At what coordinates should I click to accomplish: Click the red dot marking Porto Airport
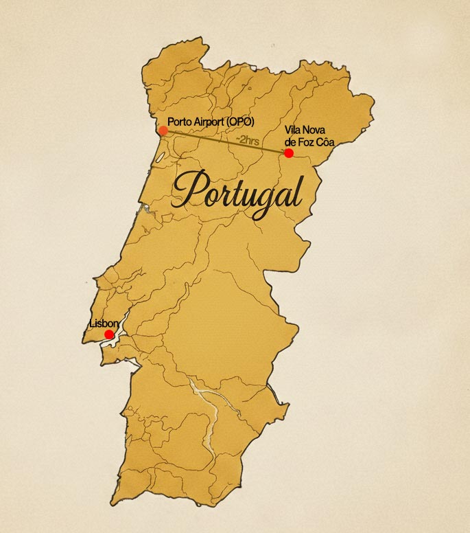click(x=163, y=130)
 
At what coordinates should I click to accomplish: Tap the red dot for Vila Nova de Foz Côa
click(x=289, y=152)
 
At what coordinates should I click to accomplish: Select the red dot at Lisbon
click(x=109, y=334)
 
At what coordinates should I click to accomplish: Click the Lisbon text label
click(x=104, y=323)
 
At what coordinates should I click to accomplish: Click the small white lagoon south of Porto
click(x=160, y=157)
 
